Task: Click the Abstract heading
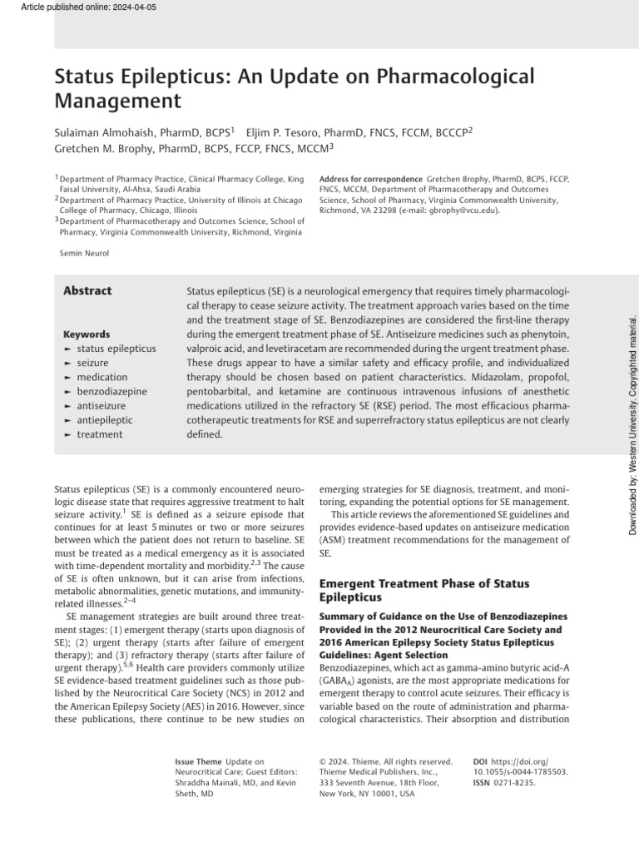coord(87,290)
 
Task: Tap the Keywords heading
coord(87,334)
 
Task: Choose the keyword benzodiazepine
coord(111,390)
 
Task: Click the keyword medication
coord(102,376)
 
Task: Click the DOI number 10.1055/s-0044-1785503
coord(521,771)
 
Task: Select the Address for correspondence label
coord(370,179)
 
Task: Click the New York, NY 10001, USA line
coord(366,794)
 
